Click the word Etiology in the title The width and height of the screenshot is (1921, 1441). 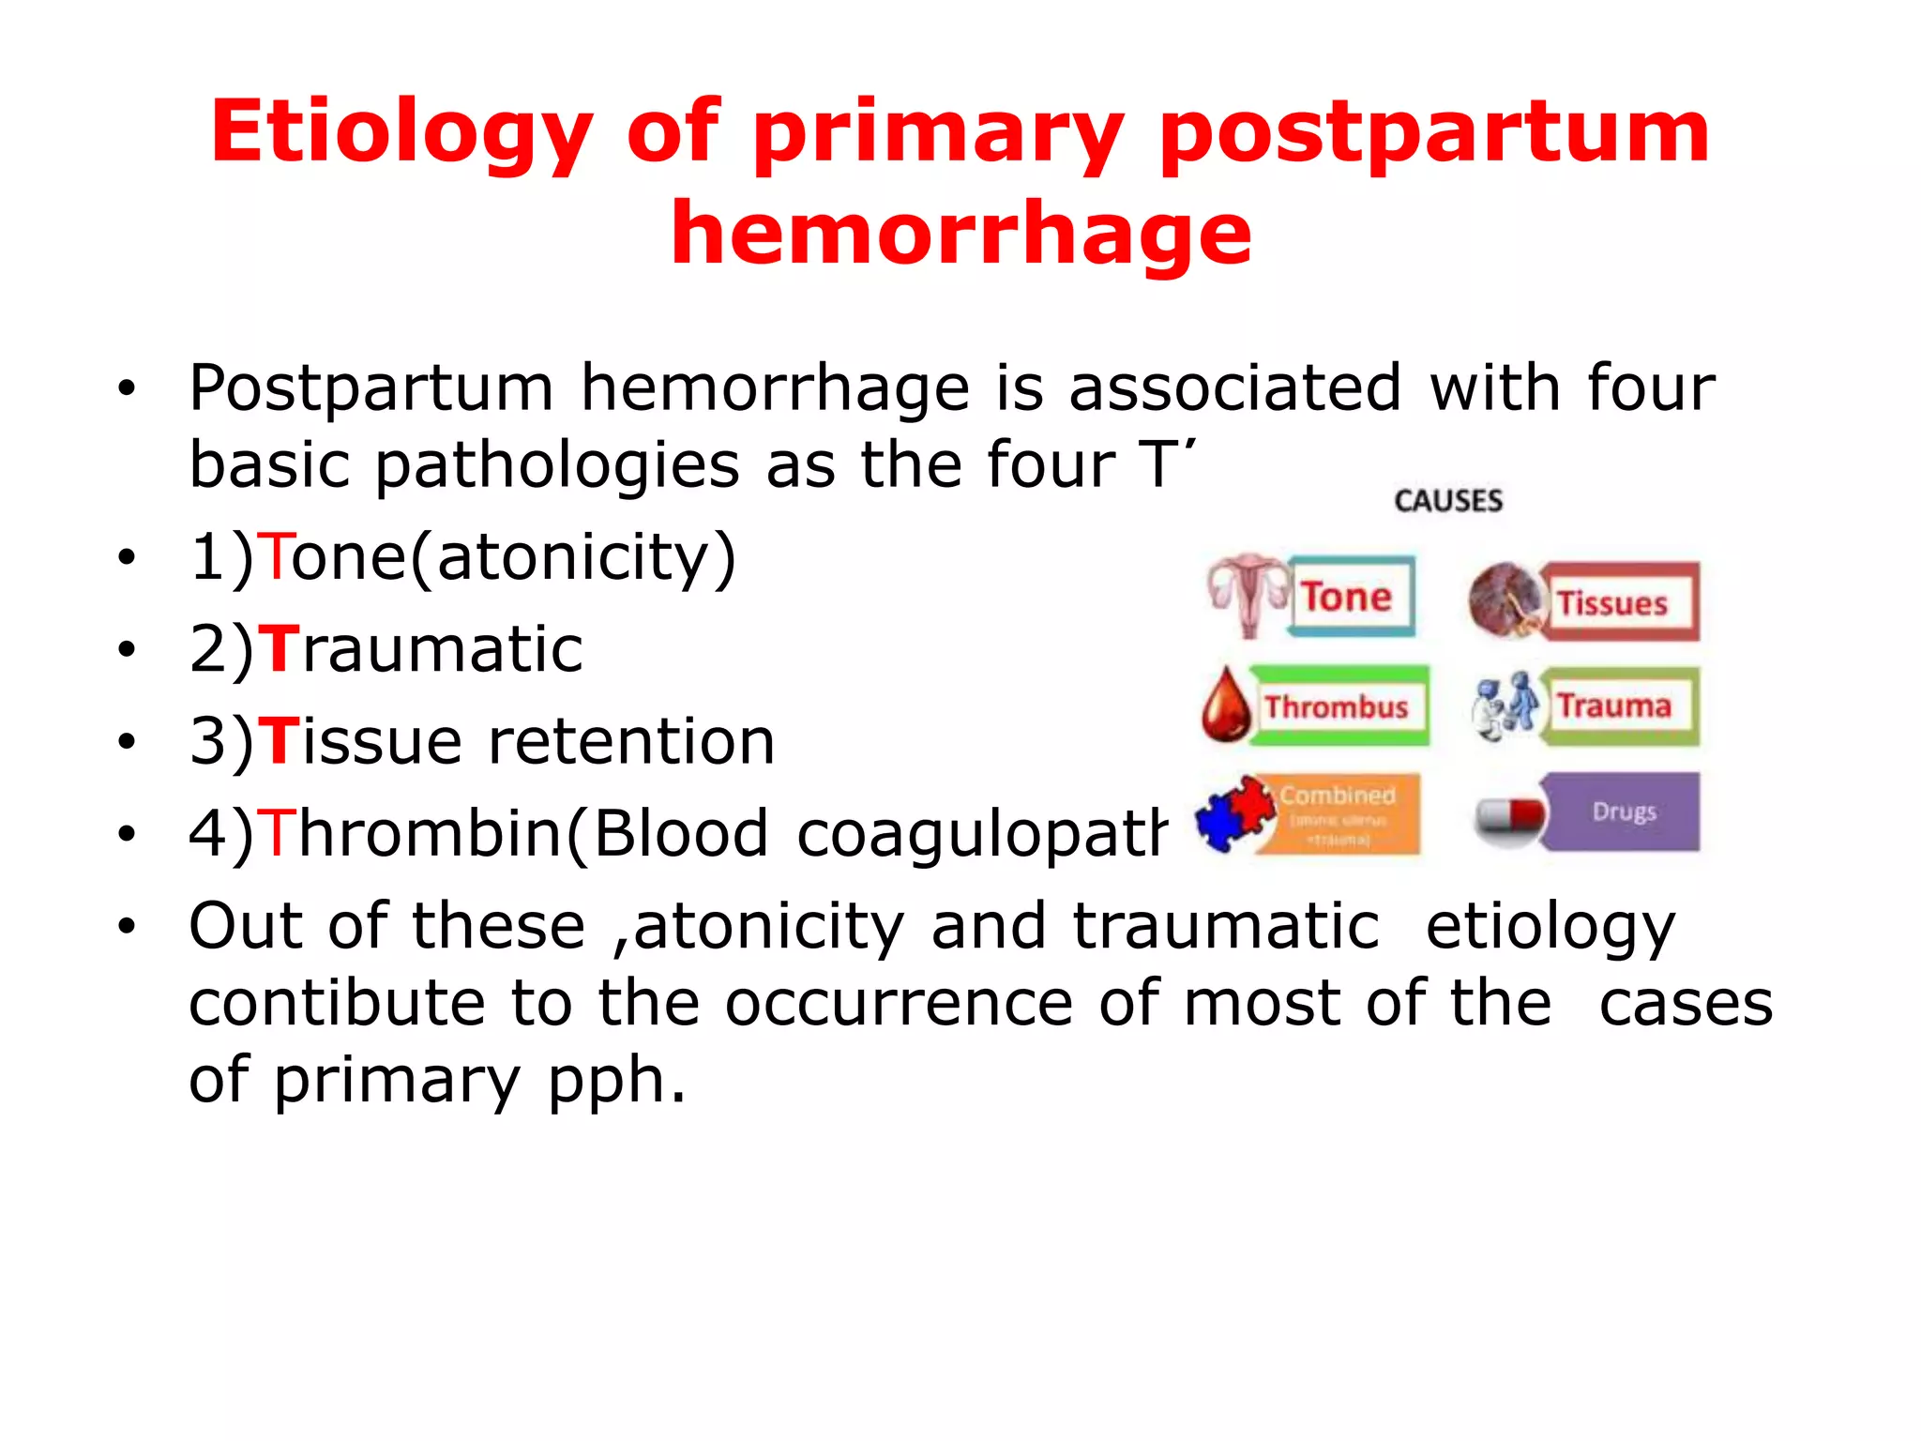pos(401,133)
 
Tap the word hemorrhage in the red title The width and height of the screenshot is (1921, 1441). pos(960,235)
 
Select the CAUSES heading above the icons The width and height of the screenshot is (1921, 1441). pos(1448,501)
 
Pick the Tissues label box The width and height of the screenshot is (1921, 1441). pos(1618,603)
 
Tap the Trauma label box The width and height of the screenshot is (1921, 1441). pos(1618,706)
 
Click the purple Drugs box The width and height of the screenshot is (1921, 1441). pos(1623,812)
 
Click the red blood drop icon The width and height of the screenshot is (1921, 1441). pos(1226,705)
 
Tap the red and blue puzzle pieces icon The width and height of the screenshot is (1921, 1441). pos(1235,813)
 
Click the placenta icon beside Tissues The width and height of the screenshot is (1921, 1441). pos(1505,601)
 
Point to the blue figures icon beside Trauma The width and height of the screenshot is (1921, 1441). pos(1504,705)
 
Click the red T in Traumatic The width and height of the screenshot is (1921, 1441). pos(278,649)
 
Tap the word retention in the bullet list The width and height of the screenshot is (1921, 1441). pos(631,741)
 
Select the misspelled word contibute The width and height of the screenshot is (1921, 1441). pos(337,1003)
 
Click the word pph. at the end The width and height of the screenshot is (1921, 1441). pos(616,1080)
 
